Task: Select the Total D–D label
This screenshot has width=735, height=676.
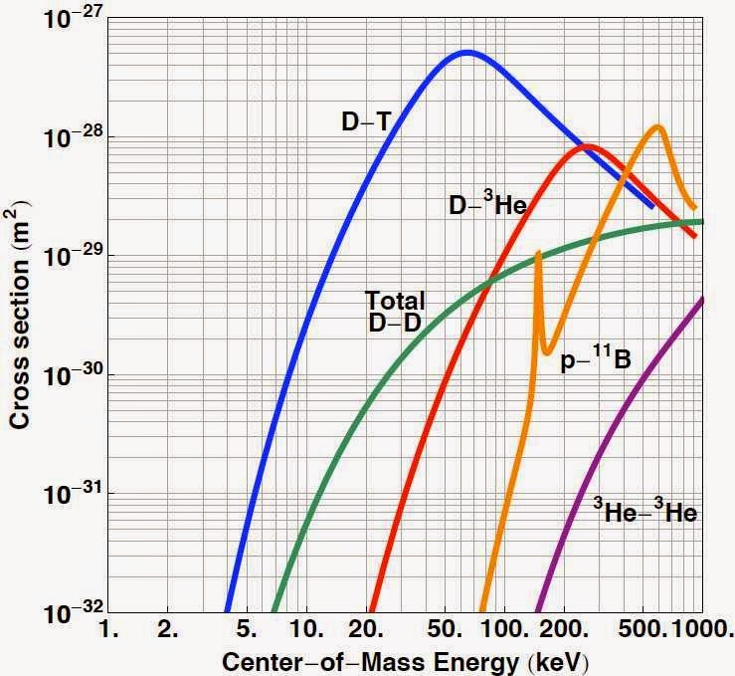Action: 395,310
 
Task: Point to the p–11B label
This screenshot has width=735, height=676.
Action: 595,361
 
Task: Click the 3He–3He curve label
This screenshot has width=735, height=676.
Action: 644,513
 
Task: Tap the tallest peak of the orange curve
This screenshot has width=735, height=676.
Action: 656,125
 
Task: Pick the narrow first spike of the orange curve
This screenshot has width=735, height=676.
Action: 538,253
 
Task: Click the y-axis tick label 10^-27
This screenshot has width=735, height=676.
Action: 58,18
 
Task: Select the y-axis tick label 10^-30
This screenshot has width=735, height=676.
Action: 58,375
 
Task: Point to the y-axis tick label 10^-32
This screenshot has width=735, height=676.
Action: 58,612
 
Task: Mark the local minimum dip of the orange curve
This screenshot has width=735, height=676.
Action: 546,351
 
